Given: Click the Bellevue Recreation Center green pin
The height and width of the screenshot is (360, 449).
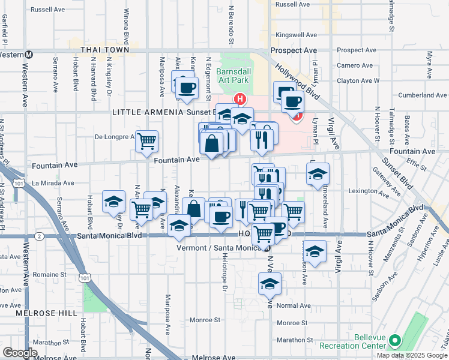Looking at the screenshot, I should pos(394,341).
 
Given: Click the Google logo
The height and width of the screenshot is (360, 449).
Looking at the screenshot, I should pos(20,353).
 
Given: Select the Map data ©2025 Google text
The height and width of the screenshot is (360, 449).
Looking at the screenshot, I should pos(412,355).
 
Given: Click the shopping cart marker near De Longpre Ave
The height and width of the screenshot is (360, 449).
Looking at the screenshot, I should pos(146,142).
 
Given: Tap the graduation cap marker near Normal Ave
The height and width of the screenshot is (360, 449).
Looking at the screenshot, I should pos(270,284).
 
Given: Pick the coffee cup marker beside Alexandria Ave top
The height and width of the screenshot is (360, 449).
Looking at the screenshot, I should pos(186,88).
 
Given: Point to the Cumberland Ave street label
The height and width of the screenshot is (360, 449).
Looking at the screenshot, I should pos(423,95).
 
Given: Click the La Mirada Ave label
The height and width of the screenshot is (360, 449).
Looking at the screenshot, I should pos(53,183).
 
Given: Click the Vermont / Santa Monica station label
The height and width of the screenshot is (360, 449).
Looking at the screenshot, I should pos(220,247).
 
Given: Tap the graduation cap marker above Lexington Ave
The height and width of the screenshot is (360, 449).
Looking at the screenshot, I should pos(318,175).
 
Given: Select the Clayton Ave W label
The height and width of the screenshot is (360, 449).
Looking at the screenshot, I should pos(358,80).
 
